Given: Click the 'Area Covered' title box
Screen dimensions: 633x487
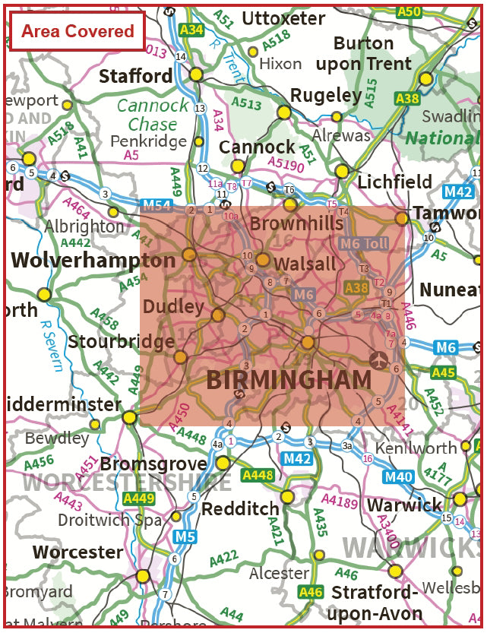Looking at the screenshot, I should click(77, 31).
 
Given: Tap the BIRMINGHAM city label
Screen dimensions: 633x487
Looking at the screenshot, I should click(289, 380).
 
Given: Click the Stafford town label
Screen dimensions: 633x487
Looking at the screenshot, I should click(136, 76).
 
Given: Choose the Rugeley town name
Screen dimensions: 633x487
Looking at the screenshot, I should click(326, 95).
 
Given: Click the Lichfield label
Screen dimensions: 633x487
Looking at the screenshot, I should click(394, 182).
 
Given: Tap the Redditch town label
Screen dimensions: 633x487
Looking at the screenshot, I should click(240, 508).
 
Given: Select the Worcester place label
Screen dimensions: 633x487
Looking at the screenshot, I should click(78, 552).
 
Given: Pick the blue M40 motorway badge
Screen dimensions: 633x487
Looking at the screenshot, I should click(397, 477).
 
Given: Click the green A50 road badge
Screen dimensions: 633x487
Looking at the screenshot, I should click(409, 11).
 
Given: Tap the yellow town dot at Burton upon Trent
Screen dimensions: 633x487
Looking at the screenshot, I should click(426, 78).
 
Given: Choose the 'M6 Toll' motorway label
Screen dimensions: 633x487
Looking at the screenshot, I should click(364, 243).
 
